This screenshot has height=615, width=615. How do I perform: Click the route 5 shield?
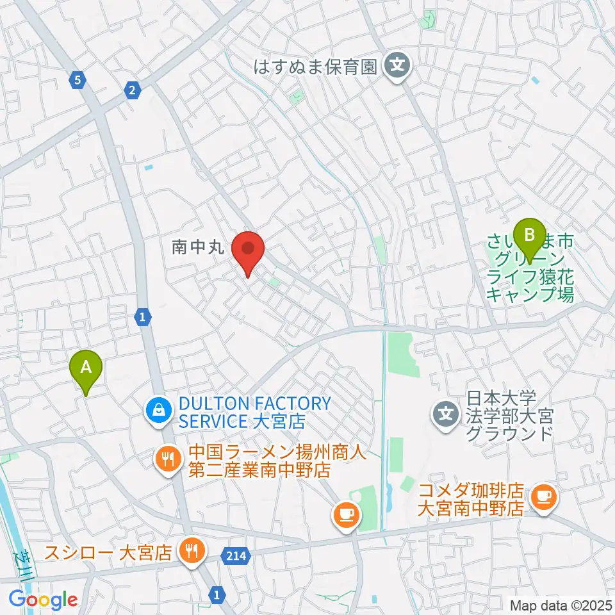point(78,80)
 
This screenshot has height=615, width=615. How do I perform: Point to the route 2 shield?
point(132,90)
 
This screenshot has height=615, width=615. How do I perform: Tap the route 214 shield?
point(237,553)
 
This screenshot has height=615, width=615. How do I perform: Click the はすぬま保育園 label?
point(315,66)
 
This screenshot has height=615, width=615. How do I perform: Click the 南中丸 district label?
point(198,247)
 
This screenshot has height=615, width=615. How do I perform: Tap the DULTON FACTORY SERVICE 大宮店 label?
point(254,413)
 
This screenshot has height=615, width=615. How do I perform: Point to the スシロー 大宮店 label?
point(108,552)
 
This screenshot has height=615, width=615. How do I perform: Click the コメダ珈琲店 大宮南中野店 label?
point(470,500)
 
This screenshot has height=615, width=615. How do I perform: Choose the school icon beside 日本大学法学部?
point(447,413)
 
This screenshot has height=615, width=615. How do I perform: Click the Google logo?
point(44,600)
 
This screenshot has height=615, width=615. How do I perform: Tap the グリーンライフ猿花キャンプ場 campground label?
point(530,269)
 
